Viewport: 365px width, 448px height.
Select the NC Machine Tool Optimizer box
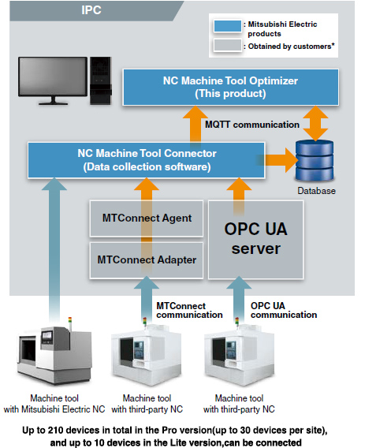(230, 86)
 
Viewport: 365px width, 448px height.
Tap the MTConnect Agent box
(142, 218)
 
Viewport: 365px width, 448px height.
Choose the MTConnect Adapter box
(142, 258)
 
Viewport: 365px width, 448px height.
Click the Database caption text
(316, 190)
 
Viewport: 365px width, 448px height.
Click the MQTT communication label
(251, 124)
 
